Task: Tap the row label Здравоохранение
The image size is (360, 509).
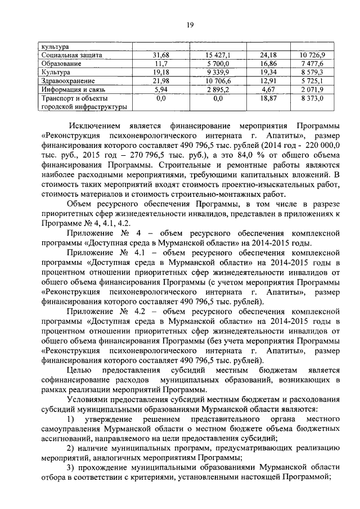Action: (63, 81)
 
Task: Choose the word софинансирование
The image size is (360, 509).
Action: (70, 380)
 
